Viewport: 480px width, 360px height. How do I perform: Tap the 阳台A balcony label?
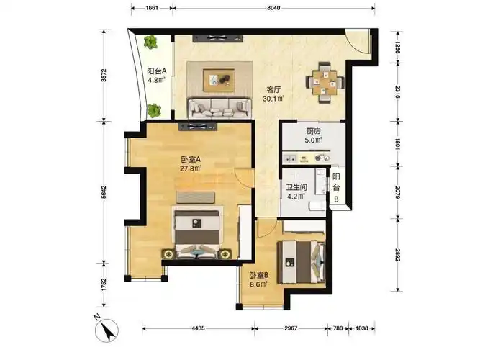click(157, 71)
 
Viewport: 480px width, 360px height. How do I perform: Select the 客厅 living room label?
click(273, 90)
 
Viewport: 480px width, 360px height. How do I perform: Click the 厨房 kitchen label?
click(314, 132)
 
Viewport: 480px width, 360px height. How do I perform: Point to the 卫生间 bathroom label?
click(296, 187)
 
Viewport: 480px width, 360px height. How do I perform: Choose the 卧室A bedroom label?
click(191, 160)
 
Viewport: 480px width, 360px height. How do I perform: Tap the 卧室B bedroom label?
click(258, 276)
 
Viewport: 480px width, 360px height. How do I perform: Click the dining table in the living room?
click(325, 83)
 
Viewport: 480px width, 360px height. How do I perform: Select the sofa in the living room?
click(219, 107)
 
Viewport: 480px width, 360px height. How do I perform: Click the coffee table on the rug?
click(219, 80)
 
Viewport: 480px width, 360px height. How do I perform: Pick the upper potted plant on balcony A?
click(150, 42)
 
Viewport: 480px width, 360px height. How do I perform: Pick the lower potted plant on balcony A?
click(154, 110)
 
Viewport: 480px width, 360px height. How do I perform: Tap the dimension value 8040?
click(273, 8)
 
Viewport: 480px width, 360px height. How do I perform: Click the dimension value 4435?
click(198, 328)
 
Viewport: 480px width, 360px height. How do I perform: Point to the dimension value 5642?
click(104, 192)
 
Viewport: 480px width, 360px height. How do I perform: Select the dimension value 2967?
click(291, 328)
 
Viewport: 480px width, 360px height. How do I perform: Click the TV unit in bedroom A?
click(198, 127)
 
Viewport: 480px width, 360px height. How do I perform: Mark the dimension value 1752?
click(104, 284)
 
